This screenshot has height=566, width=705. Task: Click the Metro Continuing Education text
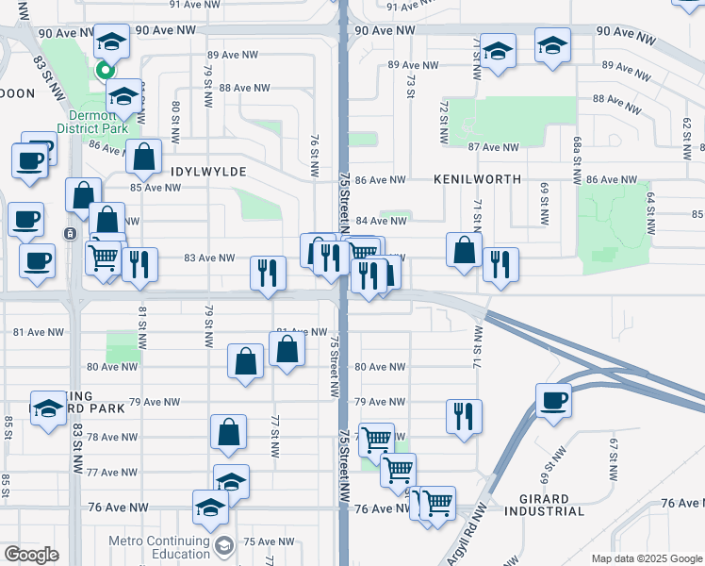158,547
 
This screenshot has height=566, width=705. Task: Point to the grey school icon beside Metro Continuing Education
223,544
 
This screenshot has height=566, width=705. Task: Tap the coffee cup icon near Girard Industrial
553,398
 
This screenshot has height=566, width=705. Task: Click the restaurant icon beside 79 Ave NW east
463,413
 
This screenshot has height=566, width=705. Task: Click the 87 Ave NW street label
493,147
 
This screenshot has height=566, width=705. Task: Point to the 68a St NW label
576,159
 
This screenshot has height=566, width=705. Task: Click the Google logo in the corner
31,555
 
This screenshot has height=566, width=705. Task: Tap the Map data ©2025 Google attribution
646,558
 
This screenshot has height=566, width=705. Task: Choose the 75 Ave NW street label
263,541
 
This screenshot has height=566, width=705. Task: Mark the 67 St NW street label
613,457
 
